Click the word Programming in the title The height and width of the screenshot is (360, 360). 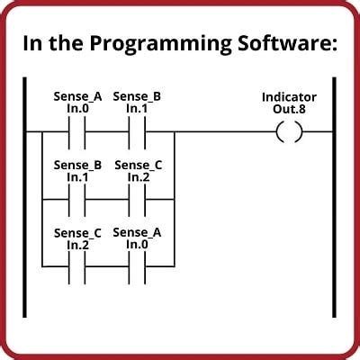160,44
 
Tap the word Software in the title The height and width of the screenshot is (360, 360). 287,42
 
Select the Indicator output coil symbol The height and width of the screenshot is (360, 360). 289,131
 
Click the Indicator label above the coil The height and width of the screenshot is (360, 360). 289,97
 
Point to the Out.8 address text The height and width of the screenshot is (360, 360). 289,109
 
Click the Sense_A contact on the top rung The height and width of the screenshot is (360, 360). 76,132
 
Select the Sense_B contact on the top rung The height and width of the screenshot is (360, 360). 137,132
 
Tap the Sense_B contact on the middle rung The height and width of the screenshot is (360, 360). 76,200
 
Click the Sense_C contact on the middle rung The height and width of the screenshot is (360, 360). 137,200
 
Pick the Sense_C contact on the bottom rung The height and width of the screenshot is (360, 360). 76,267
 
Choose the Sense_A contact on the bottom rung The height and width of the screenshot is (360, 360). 137,267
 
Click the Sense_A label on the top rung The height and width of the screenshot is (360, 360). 77,97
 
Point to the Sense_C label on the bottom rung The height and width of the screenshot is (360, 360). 77,233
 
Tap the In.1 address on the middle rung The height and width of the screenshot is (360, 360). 77,177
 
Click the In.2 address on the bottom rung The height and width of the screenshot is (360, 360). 77,246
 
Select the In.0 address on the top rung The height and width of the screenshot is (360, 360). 77,109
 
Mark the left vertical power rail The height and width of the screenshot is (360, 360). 24,197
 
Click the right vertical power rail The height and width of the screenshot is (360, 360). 334,197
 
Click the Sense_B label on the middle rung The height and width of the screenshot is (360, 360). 77,166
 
